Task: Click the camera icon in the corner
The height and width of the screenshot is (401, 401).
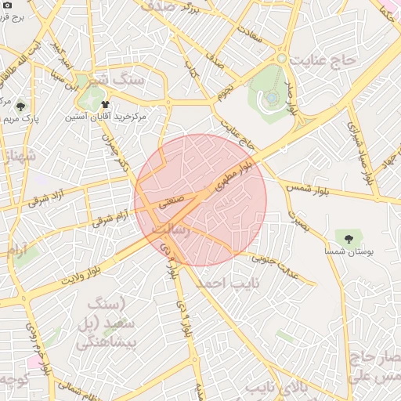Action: [x=7, y=7]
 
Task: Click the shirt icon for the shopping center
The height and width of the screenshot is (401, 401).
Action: [x=106, y=103]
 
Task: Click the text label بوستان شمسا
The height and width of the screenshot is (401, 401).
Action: [x=349, y=251]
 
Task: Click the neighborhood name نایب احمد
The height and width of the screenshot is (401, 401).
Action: [x=222, y=281]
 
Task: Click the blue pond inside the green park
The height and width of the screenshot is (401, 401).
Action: [x=270, y=98]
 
